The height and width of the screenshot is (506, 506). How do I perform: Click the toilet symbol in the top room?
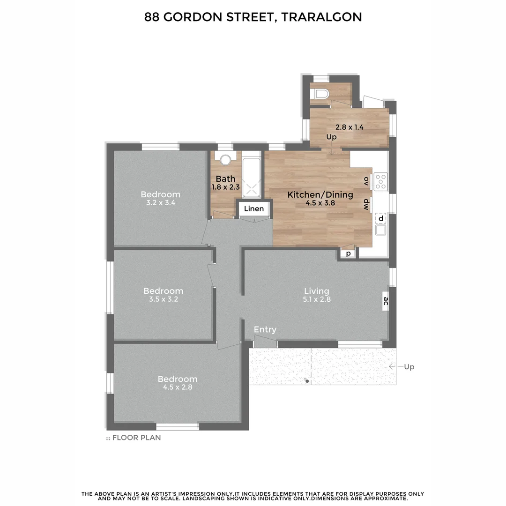click(x=320, y=94)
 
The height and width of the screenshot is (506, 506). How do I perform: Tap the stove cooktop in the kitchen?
click(x=381, y=181)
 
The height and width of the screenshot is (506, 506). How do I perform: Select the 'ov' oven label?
click(x=366, y=181)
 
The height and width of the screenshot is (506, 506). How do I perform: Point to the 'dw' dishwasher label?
click(x=366, y=204)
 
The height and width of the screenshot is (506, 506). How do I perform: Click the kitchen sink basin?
click(x=380, y=230)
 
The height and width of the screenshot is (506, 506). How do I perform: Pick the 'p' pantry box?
click(x=348, y=254)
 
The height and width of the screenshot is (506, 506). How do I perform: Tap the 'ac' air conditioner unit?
click(x=385, y=300)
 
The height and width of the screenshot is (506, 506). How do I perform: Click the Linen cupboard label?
click(x=254, y=209)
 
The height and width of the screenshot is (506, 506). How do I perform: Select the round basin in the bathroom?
click(x=226, y=160)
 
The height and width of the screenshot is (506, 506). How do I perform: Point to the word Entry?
click(x=265, y=330)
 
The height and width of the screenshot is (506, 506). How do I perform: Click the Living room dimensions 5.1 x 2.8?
click(x=317, y=299)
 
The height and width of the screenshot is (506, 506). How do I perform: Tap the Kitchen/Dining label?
click(x=320, y=195)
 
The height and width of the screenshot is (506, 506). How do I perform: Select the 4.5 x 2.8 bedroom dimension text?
click(x=177, y=387)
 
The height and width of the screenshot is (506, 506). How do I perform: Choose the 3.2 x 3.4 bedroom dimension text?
click(x=160, y=203)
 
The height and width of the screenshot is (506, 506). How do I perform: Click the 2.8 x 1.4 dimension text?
click(x=349, y=127)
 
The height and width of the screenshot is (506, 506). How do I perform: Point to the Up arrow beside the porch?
click(x=394, y=367)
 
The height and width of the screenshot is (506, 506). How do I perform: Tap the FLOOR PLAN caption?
click(x=136, y=438)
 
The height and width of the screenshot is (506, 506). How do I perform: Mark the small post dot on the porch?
click(x=307, y=381)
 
